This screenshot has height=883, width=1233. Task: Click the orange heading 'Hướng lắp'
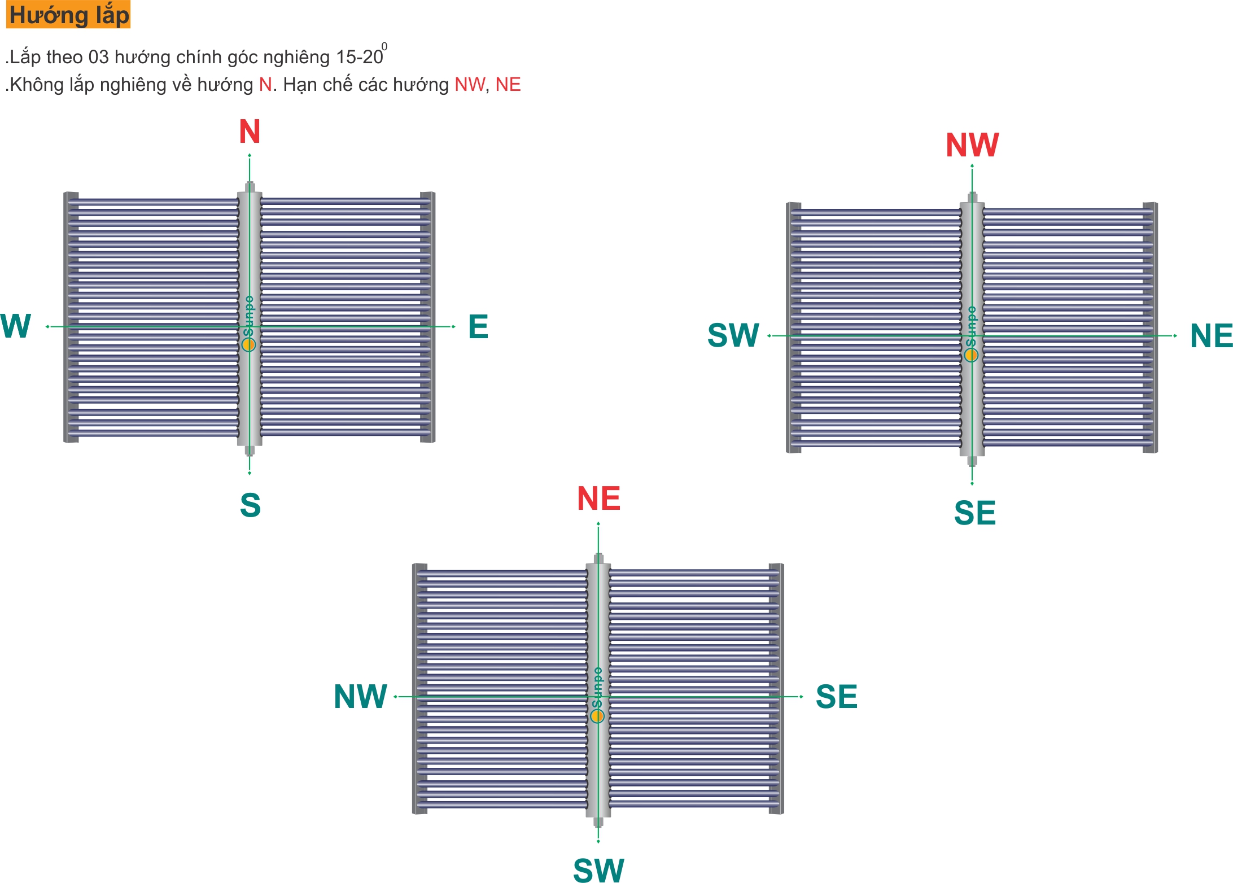[x=68, y=15]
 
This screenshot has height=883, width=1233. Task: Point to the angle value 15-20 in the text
[x=360, y=57]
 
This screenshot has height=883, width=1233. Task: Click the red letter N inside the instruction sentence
[x=265, y=85]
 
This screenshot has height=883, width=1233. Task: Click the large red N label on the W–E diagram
[x=250, y=132]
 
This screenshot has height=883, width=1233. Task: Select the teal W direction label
[x=15, y=326]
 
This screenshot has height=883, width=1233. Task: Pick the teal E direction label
[x=478, y=327]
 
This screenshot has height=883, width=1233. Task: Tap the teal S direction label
[x=250, y=505]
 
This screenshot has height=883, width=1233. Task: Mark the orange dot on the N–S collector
[x=248, y=344]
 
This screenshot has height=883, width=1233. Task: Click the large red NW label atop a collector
[x=972, y=145]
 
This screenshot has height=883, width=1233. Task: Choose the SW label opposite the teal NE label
[x=733, y=335]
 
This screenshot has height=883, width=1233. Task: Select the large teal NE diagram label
[x=1211, y=336]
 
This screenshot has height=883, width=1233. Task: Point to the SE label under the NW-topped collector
[x=975, y=513]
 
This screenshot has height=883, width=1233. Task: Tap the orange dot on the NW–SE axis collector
[x=971, y=355]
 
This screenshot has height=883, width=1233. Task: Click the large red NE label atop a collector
[x=598, y=499]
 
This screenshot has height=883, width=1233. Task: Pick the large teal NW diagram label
[x=360, y=697]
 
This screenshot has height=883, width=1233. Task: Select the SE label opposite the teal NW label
[x=837, y=697]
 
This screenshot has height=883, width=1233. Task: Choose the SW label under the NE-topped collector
[x=598, y=869]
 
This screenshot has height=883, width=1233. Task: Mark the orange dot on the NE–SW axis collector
[x=597, y=716]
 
